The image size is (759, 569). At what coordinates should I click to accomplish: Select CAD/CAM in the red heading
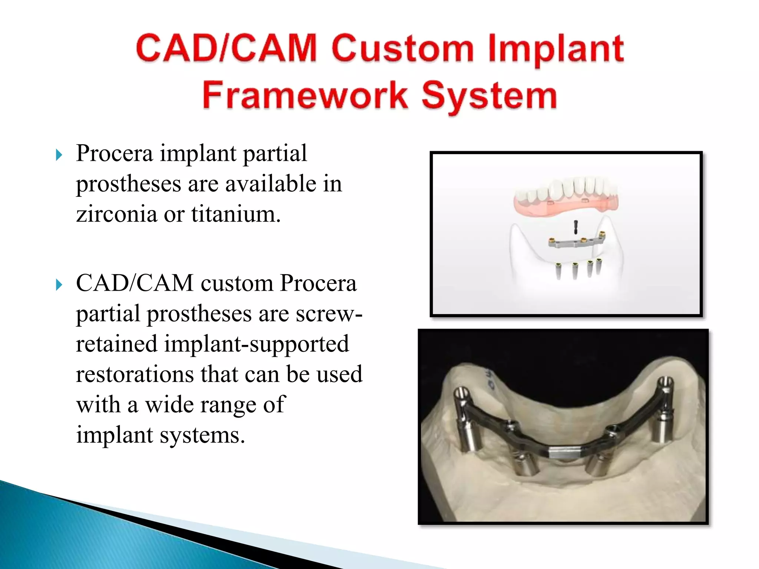tap(226, 48)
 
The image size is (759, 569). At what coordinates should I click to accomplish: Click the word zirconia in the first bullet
tap(116, 214)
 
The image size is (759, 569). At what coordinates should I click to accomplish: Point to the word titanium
tap(236, 214)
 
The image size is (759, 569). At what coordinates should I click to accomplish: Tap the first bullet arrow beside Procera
tap(59, 154)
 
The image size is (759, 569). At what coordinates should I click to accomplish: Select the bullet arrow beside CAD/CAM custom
tap(59, 285)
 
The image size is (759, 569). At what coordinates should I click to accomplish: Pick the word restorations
tap(135, 374)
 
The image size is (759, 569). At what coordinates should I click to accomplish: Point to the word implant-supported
tap(256, 344)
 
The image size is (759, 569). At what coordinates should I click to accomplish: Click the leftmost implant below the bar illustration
tap(558, 271)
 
